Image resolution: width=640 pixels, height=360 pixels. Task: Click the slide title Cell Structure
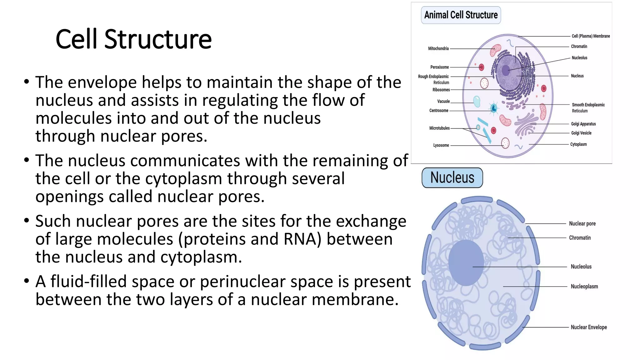click(x=133, y=39)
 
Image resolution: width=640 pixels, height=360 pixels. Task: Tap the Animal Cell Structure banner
click(x=461, y=15)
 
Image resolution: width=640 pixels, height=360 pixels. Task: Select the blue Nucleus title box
click(x=452, y=177)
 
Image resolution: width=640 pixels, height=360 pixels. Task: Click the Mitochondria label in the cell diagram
click(x=438, y=48)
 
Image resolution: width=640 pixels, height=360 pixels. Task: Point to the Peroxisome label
click(x=439, y=67)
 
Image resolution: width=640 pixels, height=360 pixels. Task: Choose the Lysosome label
click(x=441, y=145)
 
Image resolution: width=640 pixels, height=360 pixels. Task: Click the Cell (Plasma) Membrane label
click(x=591, y=36)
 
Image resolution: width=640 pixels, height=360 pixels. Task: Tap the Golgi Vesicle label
click(x=581, y=133)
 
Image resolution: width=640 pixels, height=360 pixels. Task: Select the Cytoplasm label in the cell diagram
click(x=578, y=144)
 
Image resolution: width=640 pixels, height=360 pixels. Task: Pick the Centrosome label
click(x=439, y=111)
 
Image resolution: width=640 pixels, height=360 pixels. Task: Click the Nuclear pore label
click(x=582, y=223)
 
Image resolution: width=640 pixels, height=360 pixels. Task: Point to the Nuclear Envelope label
click(x=589, y=327)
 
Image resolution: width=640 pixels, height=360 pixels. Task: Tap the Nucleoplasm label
click(x=584, y=286)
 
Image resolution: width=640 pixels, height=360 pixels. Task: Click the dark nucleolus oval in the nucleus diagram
click(x=466, y=262)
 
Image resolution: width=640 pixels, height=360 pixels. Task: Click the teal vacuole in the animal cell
click(x=477, y=102)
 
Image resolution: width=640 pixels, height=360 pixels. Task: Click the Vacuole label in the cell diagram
click(x=443, y=102)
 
